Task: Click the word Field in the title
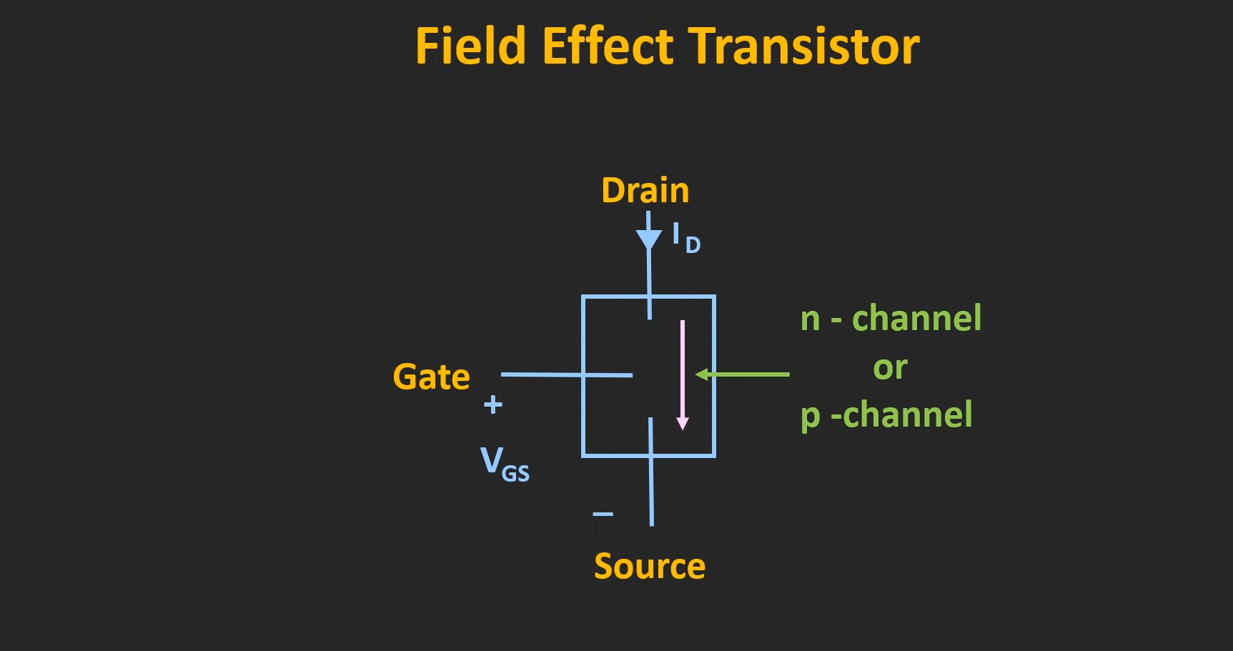click(470, 46)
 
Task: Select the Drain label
click(645, 191)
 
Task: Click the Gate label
click(431, 377)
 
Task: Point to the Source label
click(649, 567)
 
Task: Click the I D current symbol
click(685, 237)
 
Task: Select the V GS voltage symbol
click(504, 463)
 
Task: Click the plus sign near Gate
click(493, 404)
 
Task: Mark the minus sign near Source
click(603, 514)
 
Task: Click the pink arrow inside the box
click(683, 372)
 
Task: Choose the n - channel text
click(891, 318)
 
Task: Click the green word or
click(890, 368)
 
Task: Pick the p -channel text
click(886, 415)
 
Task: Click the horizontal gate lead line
click(543, 374)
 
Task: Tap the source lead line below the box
click(651, 493)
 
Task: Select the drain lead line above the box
click(649, 275)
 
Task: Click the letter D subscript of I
click(693, 245)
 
